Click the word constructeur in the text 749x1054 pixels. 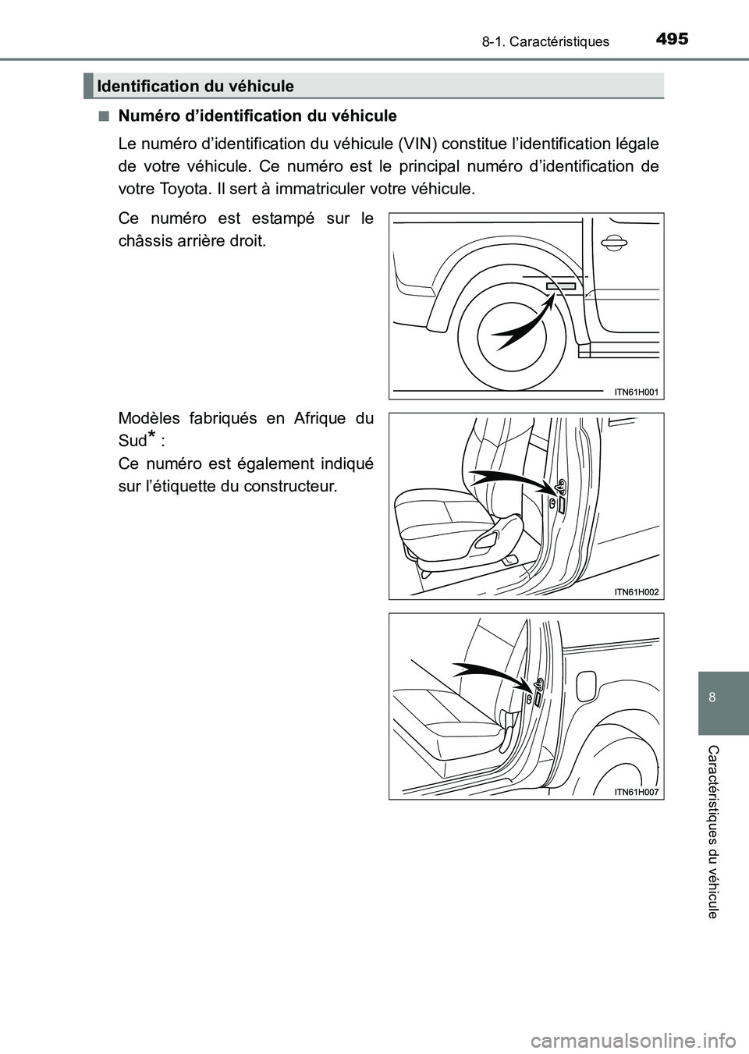coord(292,486)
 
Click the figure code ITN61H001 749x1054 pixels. coord(636,392)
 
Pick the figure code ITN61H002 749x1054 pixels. coord(636,592)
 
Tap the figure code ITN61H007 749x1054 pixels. coord(636,792)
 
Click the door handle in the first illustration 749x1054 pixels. coord(614,245)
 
